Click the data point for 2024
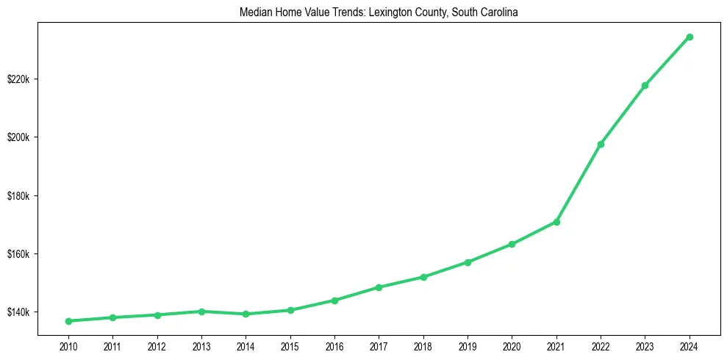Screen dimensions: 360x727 coord(690,37)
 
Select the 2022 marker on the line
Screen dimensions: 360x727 coord(601,144)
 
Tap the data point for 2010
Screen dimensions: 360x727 coord(68,321)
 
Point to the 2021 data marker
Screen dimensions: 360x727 coord(556,222)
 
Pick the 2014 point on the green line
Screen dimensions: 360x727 coord(246,314)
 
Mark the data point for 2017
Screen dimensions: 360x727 coord(379,287)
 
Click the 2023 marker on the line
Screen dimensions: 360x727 coord(645,85)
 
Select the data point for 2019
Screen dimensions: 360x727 coord(468,262)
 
